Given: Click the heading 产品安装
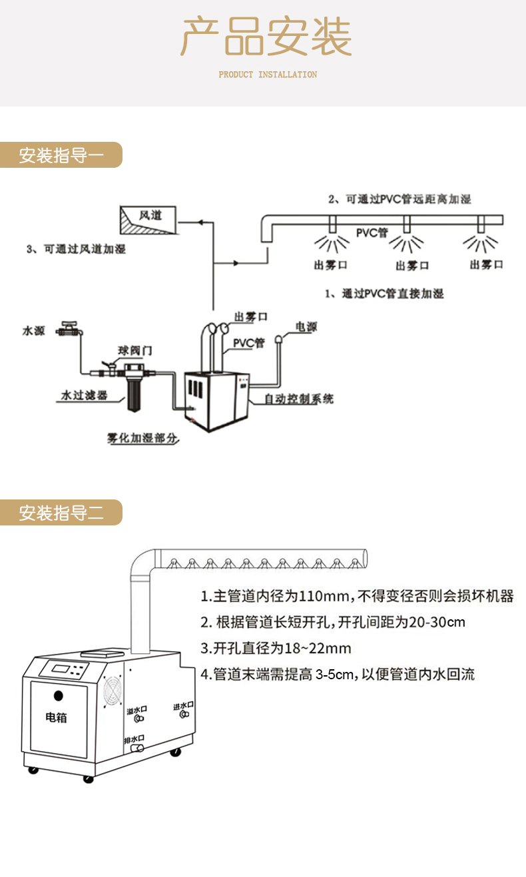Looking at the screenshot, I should [x=266, y=37].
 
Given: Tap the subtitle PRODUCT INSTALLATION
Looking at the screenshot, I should [x=268, y=75].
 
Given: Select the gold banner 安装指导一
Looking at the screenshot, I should [x=61, y=155].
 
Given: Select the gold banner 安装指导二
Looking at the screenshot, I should [x=61, y=513].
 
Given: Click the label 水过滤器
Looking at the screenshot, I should [x=84, y=395].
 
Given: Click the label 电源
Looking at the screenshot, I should [x=306, y=327].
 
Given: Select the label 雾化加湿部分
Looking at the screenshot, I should [x=142, y=438].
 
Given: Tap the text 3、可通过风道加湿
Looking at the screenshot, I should [x=75, y=249].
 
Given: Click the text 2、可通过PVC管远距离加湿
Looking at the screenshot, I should [x=399, y=199].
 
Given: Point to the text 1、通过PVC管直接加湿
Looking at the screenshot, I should [x=384, y=293].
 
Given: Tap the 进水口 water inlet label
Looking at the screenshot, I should [x=182, y=706].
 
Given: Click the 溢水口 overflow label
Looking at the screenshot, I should [x=137, y=711].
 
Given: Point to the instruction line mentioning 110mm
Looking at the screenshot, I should [x=357, y=596].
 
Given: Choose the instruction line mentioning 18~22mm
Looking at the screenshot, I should [x=276, y=648].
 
